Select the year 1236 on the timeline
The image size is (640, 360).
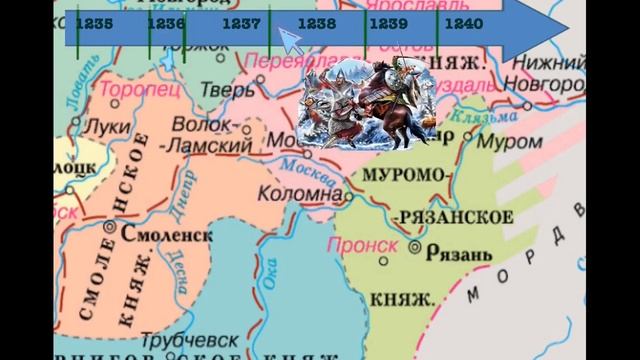[165, 21]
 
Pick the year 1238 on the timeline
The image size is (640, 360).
[317, 21]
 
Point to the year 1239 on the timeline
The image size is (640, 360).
[388, 21]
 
